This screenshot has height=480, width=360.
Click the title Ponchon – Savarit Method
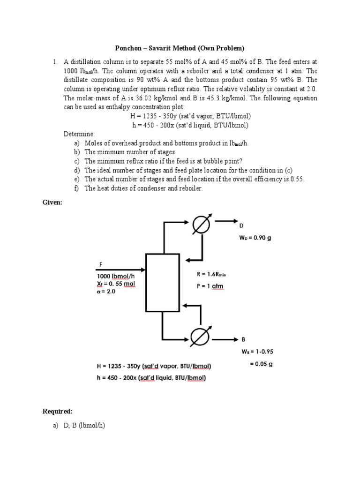coord(180,48)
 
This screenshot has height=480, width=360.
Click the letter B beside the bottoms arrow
coord(244,339)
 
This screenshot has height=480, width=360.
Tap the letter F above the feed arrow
coord(99,264)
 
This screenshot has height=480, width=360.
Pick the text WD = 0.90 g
coord(255,238)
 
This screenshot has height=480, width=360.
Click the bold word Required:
coord(58,411)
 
